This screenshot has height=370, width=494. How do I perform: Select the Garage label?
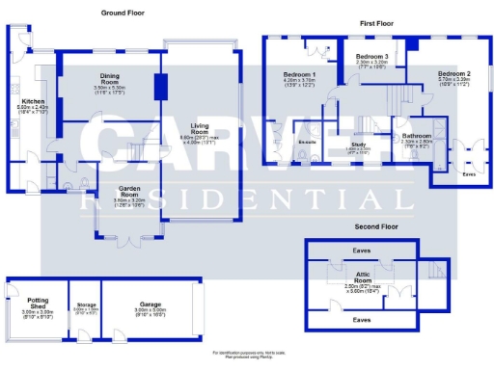point(151,304)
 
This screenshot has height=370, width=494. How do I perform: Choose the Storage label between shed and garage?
point(85,307)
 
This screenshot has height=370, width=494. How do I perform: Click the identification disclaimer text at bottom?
point(247,356)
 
